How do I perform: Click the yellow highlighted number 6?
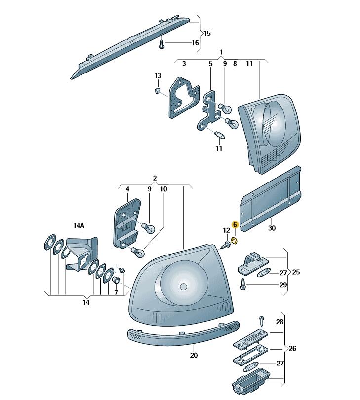235,225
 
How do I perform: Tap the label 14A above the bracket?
79,226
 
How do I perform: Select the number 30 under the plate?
272,228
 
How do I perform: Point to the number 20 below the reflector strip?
194,355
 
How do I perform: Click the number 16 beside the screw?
195,42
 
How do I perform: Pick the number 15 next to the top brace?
207,33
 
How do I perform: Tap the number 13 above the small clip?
158,76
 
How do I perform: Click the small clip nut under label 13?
158,90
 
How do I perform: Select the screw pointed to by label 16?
161,45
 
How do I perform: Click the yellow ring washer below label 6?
234,240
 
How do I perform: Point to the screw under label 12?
225,245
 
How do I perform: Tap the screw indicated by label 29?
243,284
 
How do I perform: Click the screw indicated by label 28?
262,321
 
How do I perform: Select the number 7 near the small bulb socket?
116,292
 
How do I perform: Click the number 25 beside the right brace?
296,272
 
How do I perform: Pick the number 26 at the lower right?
292,348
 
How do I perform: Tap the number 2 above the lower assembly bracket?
155,178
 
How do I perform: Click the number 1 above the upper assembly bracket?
221,52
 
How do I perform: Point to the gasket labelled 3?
183,99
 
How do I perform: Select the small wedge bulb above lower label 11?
220,135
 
